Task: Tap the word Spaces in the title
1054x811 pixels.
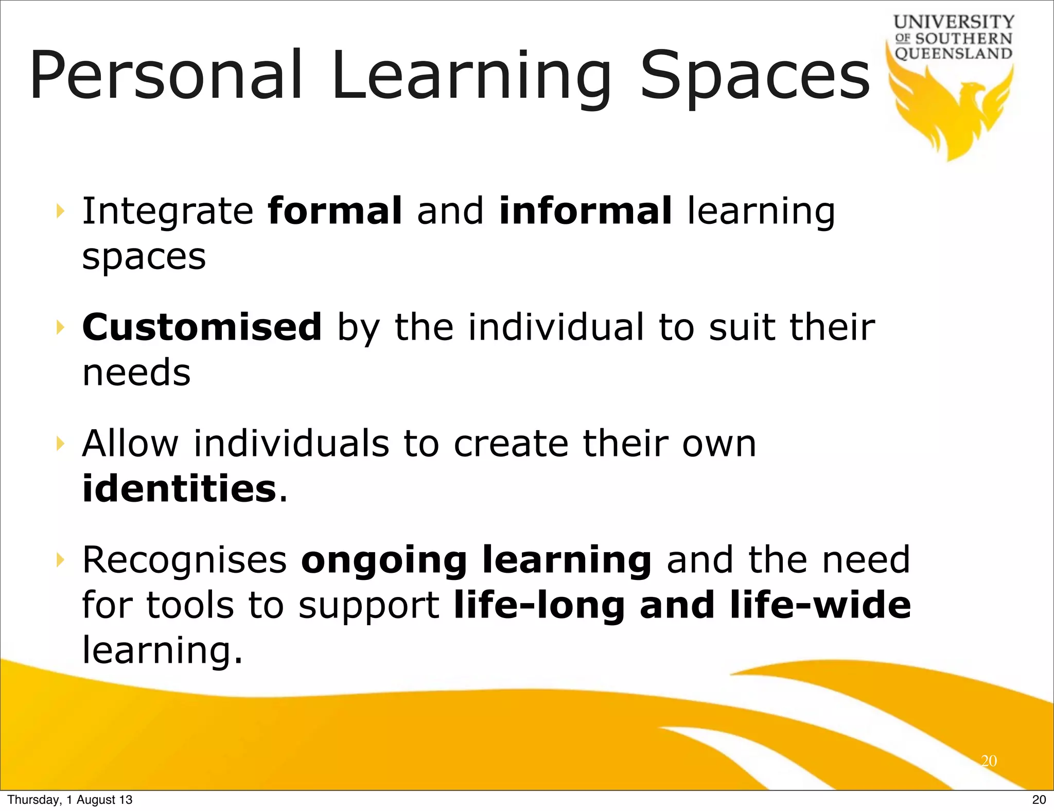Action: (x=754, y=76)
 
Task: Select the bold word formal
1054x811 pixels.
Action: (x=335, y=211)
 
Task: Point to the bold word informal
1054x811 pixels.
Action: (x=586, y=211)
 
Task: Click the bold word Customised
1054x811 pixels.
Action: (x=202, y=327)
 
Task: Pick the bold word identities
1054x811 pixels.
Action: (x=179, y=488)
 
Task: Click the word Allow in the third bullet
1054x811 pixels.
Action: (x=130, y=444)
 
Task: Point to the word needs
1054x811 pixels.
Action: (x=136, y=373)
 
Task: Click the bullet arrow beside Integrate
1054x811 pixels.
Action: (x=61, y=210)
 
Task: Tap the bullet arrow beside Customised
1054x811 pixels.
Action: (x=61, y=327)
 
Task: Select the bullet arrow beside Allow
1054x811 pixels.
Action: (x=61, y=443)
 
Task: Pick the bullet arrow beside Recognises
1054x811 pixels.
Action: (x=61, y=559)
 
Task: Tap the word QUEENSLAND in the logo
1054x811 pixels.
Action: (x=954, y=54)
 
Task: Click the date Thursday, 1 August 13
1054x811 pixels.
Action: (x=70, y=800)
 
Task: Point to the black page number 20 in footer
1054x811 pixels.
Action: (x=1039, y=800)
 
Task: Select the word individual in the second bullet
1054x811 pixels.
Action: (x=556, y=327)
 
